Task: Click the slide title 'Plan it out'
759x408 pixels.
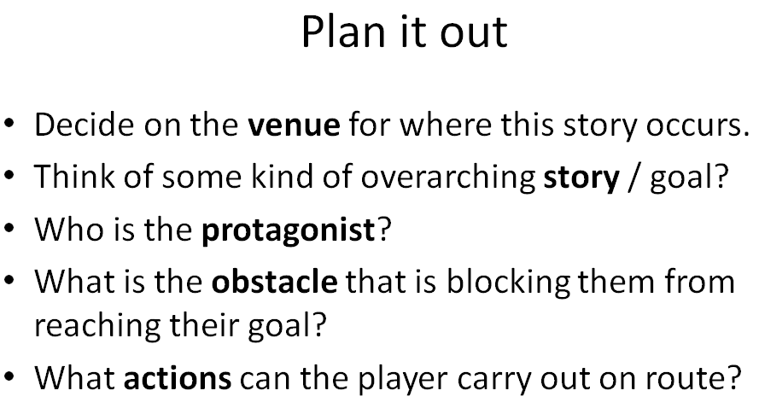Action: (404, 32)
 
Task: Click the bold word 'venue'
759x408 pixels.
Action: (295, 125)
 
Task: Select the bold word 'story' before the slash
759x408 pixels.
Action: (581, 178)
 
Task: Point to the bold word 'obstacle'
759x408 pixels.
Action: (274, 281)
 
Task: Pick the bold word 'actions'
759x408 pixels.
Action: (178, 378)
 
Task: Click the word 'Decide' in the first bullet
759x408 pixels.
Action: (85, 125)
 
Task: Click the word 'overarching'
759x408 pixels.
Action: (447, 178)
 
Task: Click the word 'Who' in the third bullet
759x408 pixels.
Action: (69, 229)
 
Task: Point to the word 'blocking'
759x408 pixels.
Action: (508, 283)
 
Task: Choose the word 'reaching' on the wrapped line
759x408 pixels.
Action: (97, 325)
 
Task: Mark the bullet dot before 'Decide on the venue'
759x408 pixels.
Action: (9, 123)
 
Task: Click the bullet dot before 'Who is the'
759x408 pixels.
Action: (9, 228)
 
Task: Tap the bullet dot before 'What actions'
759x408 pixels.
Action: (9, 376)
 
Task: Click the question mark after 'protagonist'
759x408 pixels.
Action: (383, 228)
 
